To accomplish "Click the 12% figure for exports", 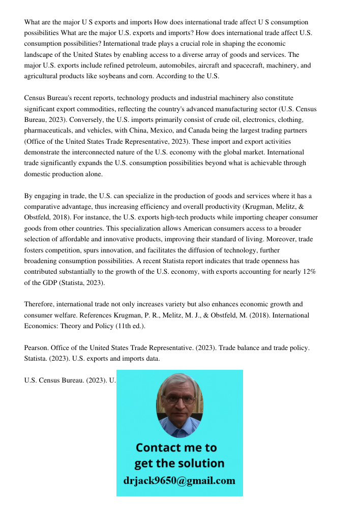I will [309, 271].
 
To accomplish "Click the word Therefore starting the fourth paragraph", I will [39, 304].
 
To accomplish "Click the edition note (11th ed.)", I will [127, 326].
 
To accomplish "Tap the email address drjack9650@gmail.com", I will [179, 481].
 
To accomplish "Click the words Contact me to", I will [176, 448].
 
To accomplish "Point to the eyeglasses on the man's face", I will [179, 399].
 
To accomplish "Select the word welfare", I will [67, 315].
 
